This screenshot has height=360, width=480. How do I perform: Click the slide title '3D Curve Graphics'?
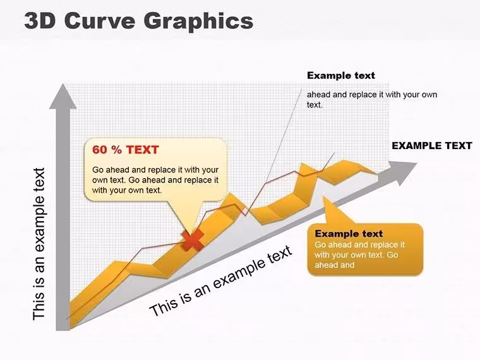pos(139,21)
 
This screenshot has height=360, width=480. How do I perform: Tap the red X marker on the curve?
pos(193,240)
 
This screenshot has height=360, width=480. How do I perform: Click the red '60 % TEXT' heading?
pos(126,150)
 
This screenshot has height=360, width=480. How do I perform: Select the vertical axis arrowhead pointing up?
pos(63,96)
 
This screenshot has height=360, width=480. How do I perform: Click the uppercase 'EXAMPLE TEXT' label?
pos(432,146)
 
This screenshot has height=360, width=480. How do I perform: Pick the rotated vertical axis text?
pos(39,244)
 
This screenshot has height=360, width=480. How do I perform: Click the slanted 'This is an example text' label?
pos(220,280)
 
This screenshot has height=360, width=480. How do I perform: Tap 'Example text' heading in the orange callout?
pos(349,234)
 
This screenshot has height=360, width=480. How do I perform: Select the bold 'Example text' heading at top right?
pos(340,75)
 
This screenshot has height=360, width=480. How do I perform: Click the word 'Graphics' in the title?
pos(198,21)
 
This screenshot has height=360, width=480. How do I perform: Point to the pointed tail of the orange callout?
pos(325,200)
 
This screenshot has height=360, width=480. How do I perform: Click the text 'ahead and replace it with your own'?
pos(372,95)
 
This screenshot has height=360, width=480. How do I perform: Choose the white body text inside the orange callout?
pos(360,255)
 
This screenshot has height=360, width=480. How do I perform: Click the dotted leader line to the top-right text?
pos(284,135)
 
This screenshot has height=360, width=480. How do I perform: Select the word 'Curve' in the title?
pos(100,21)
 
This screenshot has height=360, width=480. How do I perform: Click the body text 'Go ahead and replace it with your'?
pos(155,170)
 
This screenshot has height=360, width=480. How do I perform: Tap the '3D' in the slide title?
pos(40,21)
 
